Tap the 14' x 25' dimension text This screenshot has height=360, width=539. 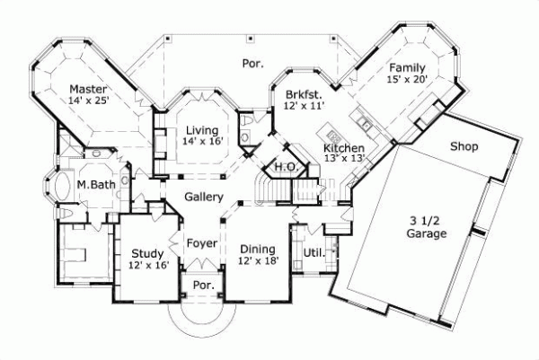pos(89,101)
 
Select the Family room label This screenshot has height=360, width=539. pos(406,67)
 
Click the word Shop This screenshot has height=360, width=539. pos(464,146)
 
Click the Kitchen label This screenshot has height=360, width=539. pos(344,147)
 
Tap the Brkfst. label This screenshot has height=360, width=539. pos(303,94)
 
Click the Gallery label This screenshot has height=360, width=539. pos(204,196)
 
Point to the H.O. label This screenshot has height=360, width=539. pos(286,166)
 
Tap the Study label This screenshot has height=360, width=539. pos(147,253)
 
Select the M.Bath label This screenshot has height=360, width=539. pos(93,185)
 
